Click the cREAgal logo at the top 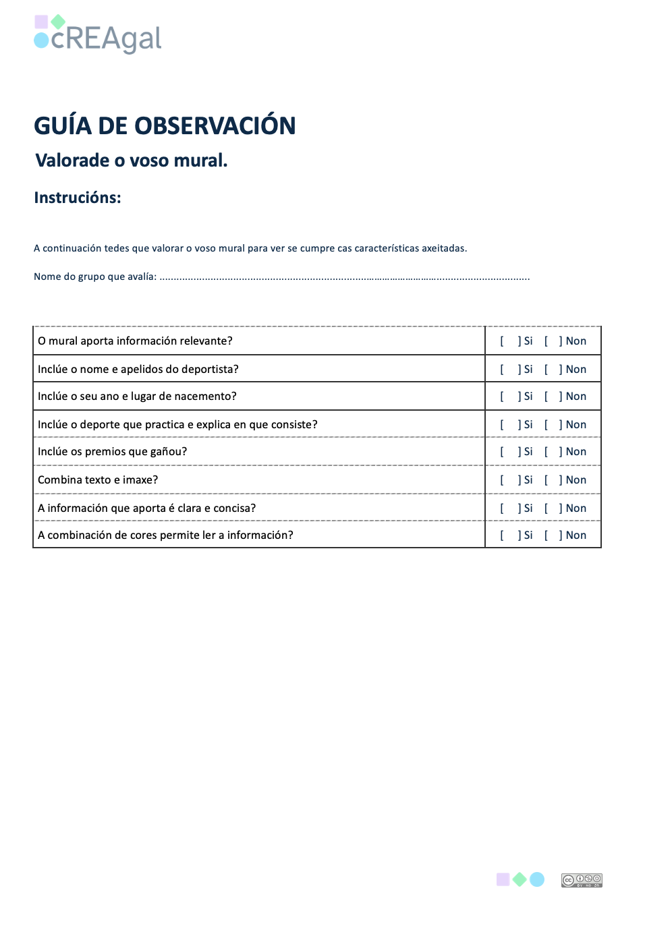coord(99,35)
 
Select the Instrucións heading coord(78,198)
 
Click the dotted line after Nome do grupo coord(344,277)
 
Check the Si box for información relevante coord(510,341)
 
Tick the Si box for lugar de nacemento coord(510,397)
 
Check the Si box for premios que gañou coord(510,452)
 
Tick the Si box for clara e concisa coord(510,509)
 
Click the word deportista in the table coord(210,370)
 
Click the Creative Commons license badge coord(582,880)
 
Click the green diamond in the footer coord(520,879)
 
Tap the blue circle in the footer coord(537,879)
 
